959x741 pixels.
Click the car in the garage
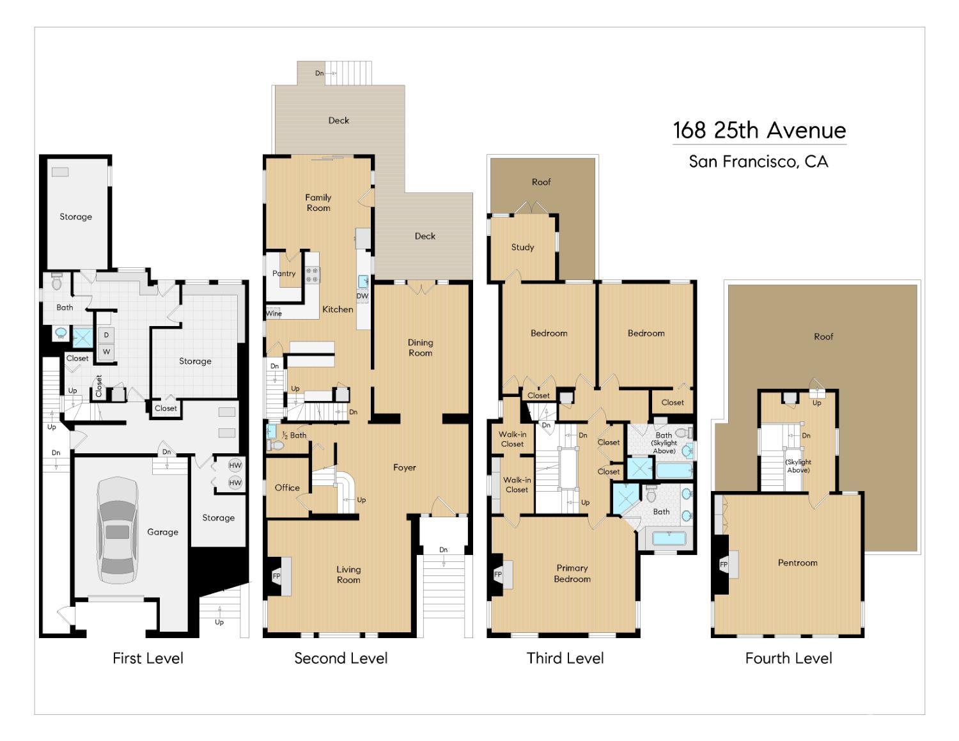pos(118,531)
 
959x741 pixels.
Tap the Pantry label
pos(284,273)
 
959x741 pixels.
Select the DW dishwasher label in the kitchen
pos(363,296)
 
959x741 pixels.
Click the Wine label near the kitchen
pos(274,313)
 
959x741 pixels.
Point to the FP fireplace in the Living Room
pos(276,576)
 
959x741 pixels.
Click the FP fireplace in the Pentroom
pos(724,565)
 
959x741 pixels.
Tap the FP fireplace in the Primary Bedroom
pos(498,575)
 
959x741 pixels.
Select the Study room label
pos(522,247)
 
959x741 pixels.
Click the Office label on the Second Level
pos(287,488)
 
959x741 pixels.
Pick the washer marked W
pos(106,352)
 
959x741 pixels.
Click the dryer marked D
pos(106,336)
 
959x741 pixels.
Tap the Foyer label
pos(405,468)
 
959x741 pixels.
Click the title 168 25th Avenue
pos(759,130)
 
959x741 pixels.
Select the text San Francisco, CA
pos(759,162)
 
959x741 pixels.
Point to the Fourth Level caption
pos(789,659)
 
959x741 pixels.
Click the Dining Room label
pos(420,348)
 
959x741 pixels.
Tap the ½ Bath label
pos(294,435)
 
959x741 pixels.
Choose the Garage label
pos(163,532)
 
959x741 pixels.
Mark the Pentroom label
pos(797,563)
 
